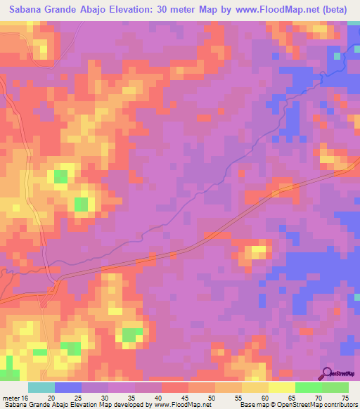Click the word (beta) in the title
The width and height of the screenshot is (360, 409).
pyautogui.click(x=337, y=10)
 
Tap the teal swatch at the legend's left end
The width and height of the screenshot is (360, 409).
pyautogui.click(x=41, y=387)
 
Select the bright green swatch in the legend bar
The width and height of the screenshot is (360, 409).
pyautogui.click(x=309, y=387)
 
